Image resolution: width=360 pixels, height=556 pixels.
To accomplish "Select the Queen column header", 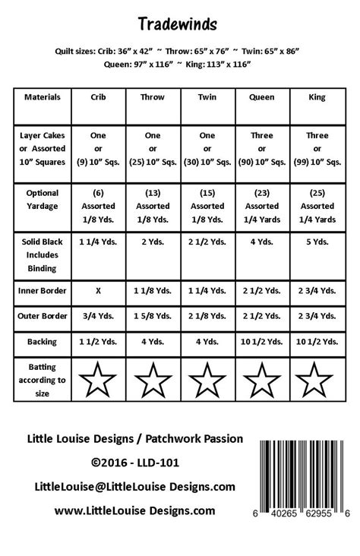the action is click(261, 98).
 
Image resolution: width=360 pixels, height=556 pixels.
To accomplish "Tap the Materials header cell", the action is click(43, 98).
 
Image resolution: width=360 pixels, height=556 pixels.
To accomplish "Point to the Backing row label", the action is click(43, 342).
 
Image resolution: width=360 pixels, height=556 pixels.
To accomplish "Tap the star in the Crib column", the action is click(98, 379).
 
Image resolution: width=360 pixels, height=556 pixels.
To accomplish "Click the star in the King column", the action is click(317, 379).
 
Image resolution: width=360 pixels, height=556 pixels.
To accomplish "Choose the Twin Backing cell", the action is click(207, 342).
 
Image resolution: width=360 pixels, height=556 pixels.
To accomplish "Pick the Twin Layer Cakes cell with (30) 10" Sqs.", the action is click(207, 149).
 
